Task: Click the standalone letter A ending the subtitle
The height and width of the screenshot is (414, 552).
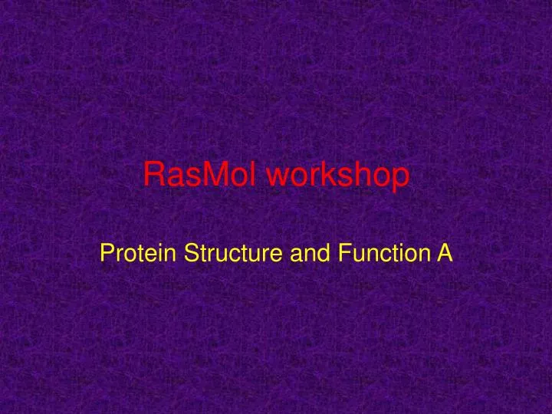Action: click(x=445, y=252)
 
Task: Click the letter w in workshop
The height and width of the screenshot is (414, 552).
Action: click(x=277, y=178)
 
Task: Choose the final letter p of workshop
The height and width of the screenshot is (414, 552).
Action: click(x=399, y=179)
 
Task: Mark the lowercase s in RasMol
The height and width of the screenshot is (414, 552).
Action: click(x=189, y=178)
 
